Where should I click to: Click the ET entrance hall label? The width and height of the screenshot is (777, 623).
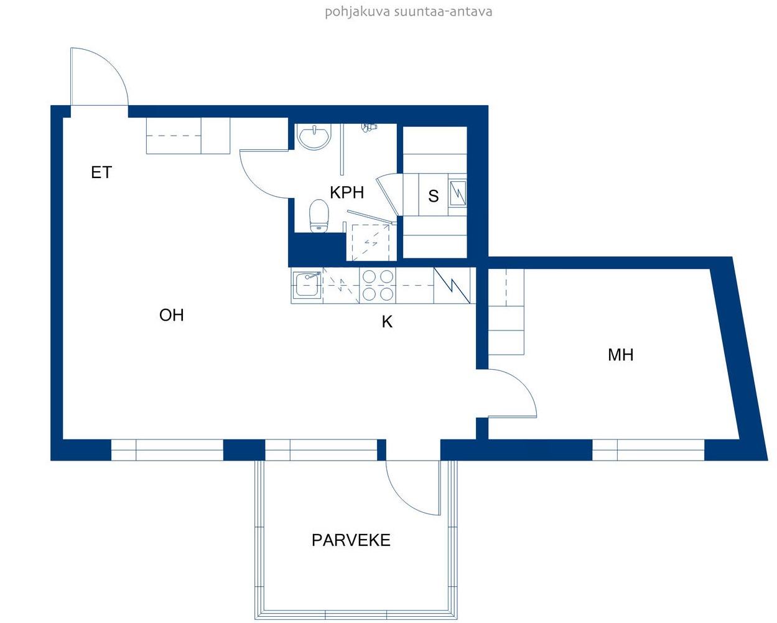(x=101, y=172)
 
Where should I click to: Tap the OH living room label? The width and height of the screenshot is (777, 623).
(x=172, y=315)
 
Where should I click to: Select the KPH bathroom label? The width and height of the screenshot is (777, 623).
(x=347, y=192)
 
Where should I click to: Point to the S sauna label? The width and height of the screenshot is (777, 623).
(x=433, y=196)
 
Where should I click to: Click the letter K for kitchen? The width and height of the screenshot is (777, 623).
(x=387, y=322)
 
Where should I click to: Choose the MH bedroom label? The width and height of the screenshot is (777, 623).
(x=621, y=355)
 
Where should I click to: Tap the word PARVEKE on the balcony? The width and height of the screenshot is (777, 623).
(x=351, y=540)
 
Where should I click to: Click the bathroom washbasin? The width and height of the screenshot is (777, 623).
(x=314, y=136)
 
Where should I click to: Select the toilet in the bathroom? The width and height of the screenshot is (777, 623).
(x=319, y=215)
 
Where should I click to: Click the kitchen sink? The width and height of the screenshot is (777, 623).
(x=307, y=285)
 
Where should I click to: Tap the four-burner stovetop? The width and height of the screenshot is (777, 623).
(x=378, y=286)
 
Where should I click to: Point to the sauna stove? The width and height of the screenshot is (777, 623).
(x=457, y=193)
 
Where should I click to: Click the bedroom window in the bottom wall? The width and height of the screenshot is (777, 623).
(x=648, y=450)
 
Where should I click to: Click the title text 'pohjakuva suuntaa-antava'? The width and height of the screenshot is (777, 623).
(x=408, y=12)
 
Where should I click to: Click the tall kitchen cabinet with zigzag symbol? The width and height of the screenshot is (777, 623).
(x=452, y=286)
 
